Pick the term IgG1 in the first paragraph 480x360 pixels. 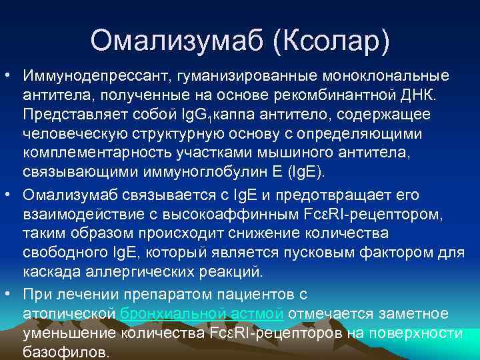click(x=188, y=114)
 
